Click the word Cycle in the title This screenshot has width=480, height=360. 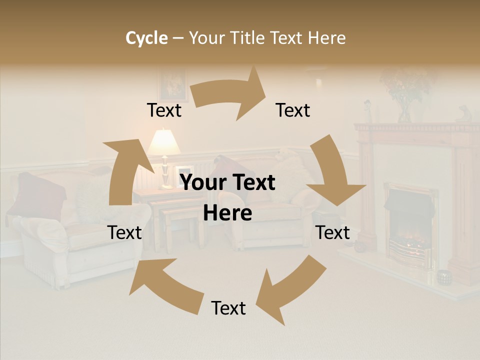(x=146, y=37)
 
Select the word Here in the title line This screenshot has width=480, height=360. (x=327, y=37)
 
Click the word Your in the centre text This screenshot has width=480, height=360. (x=203, y=183)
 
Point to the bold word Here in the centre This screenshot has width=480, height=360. (x=227, y=213)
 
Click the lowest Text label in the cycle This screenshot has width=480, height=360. (x=228, y=308)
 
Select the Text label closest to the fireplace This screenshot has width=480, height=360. (x=332, y=232)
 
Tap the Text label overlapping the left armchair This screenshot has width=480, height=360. (x=124, y=232)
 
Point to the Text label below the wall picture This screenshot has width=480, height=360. (x=164, y=110)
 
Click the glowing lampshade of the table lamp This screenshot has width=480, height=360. (x=163, y=142)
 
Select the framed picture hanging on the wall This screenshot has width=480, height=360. (x=172, y=85)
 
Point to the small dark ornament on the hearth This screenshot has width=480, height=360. (x=442, y=276)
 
